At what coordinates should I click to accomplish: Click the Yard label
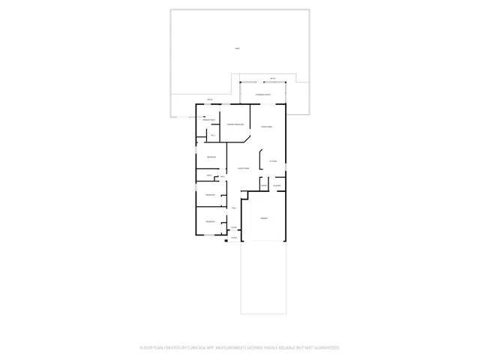click(237, 49)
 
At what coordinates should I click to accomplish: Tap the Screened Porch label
click(262, 94)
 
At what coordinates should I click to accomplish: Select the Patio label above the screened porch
click(272, 78)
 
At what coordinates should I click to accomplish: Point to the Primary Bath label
click(209, 120)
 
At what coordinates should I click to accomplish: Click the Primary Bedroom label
click(235, 124)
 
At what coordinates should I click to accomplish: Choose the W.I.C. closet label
click(213, 135)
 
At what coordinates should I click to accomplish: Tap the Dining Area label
click(266, 127)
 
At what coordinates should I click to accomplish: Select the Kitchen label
click(274, 161)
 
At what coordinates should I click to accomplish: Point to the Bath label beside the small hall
click(209, 175)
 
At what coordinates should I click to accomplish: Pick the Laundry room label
click(277, 185)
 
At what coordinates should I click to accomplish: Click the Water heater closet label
click(264, 185)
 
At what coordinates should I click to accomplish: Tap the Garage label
click(264, 217)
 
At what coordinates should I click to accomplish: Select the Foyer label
click(233, 227)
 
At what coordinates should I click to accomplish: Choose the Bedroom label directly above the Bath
click(211, 157)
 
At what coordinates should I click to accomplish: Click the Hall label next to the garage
click(234, 208)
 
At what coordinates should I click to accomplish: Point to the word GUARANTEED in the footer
click(324, 348)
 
